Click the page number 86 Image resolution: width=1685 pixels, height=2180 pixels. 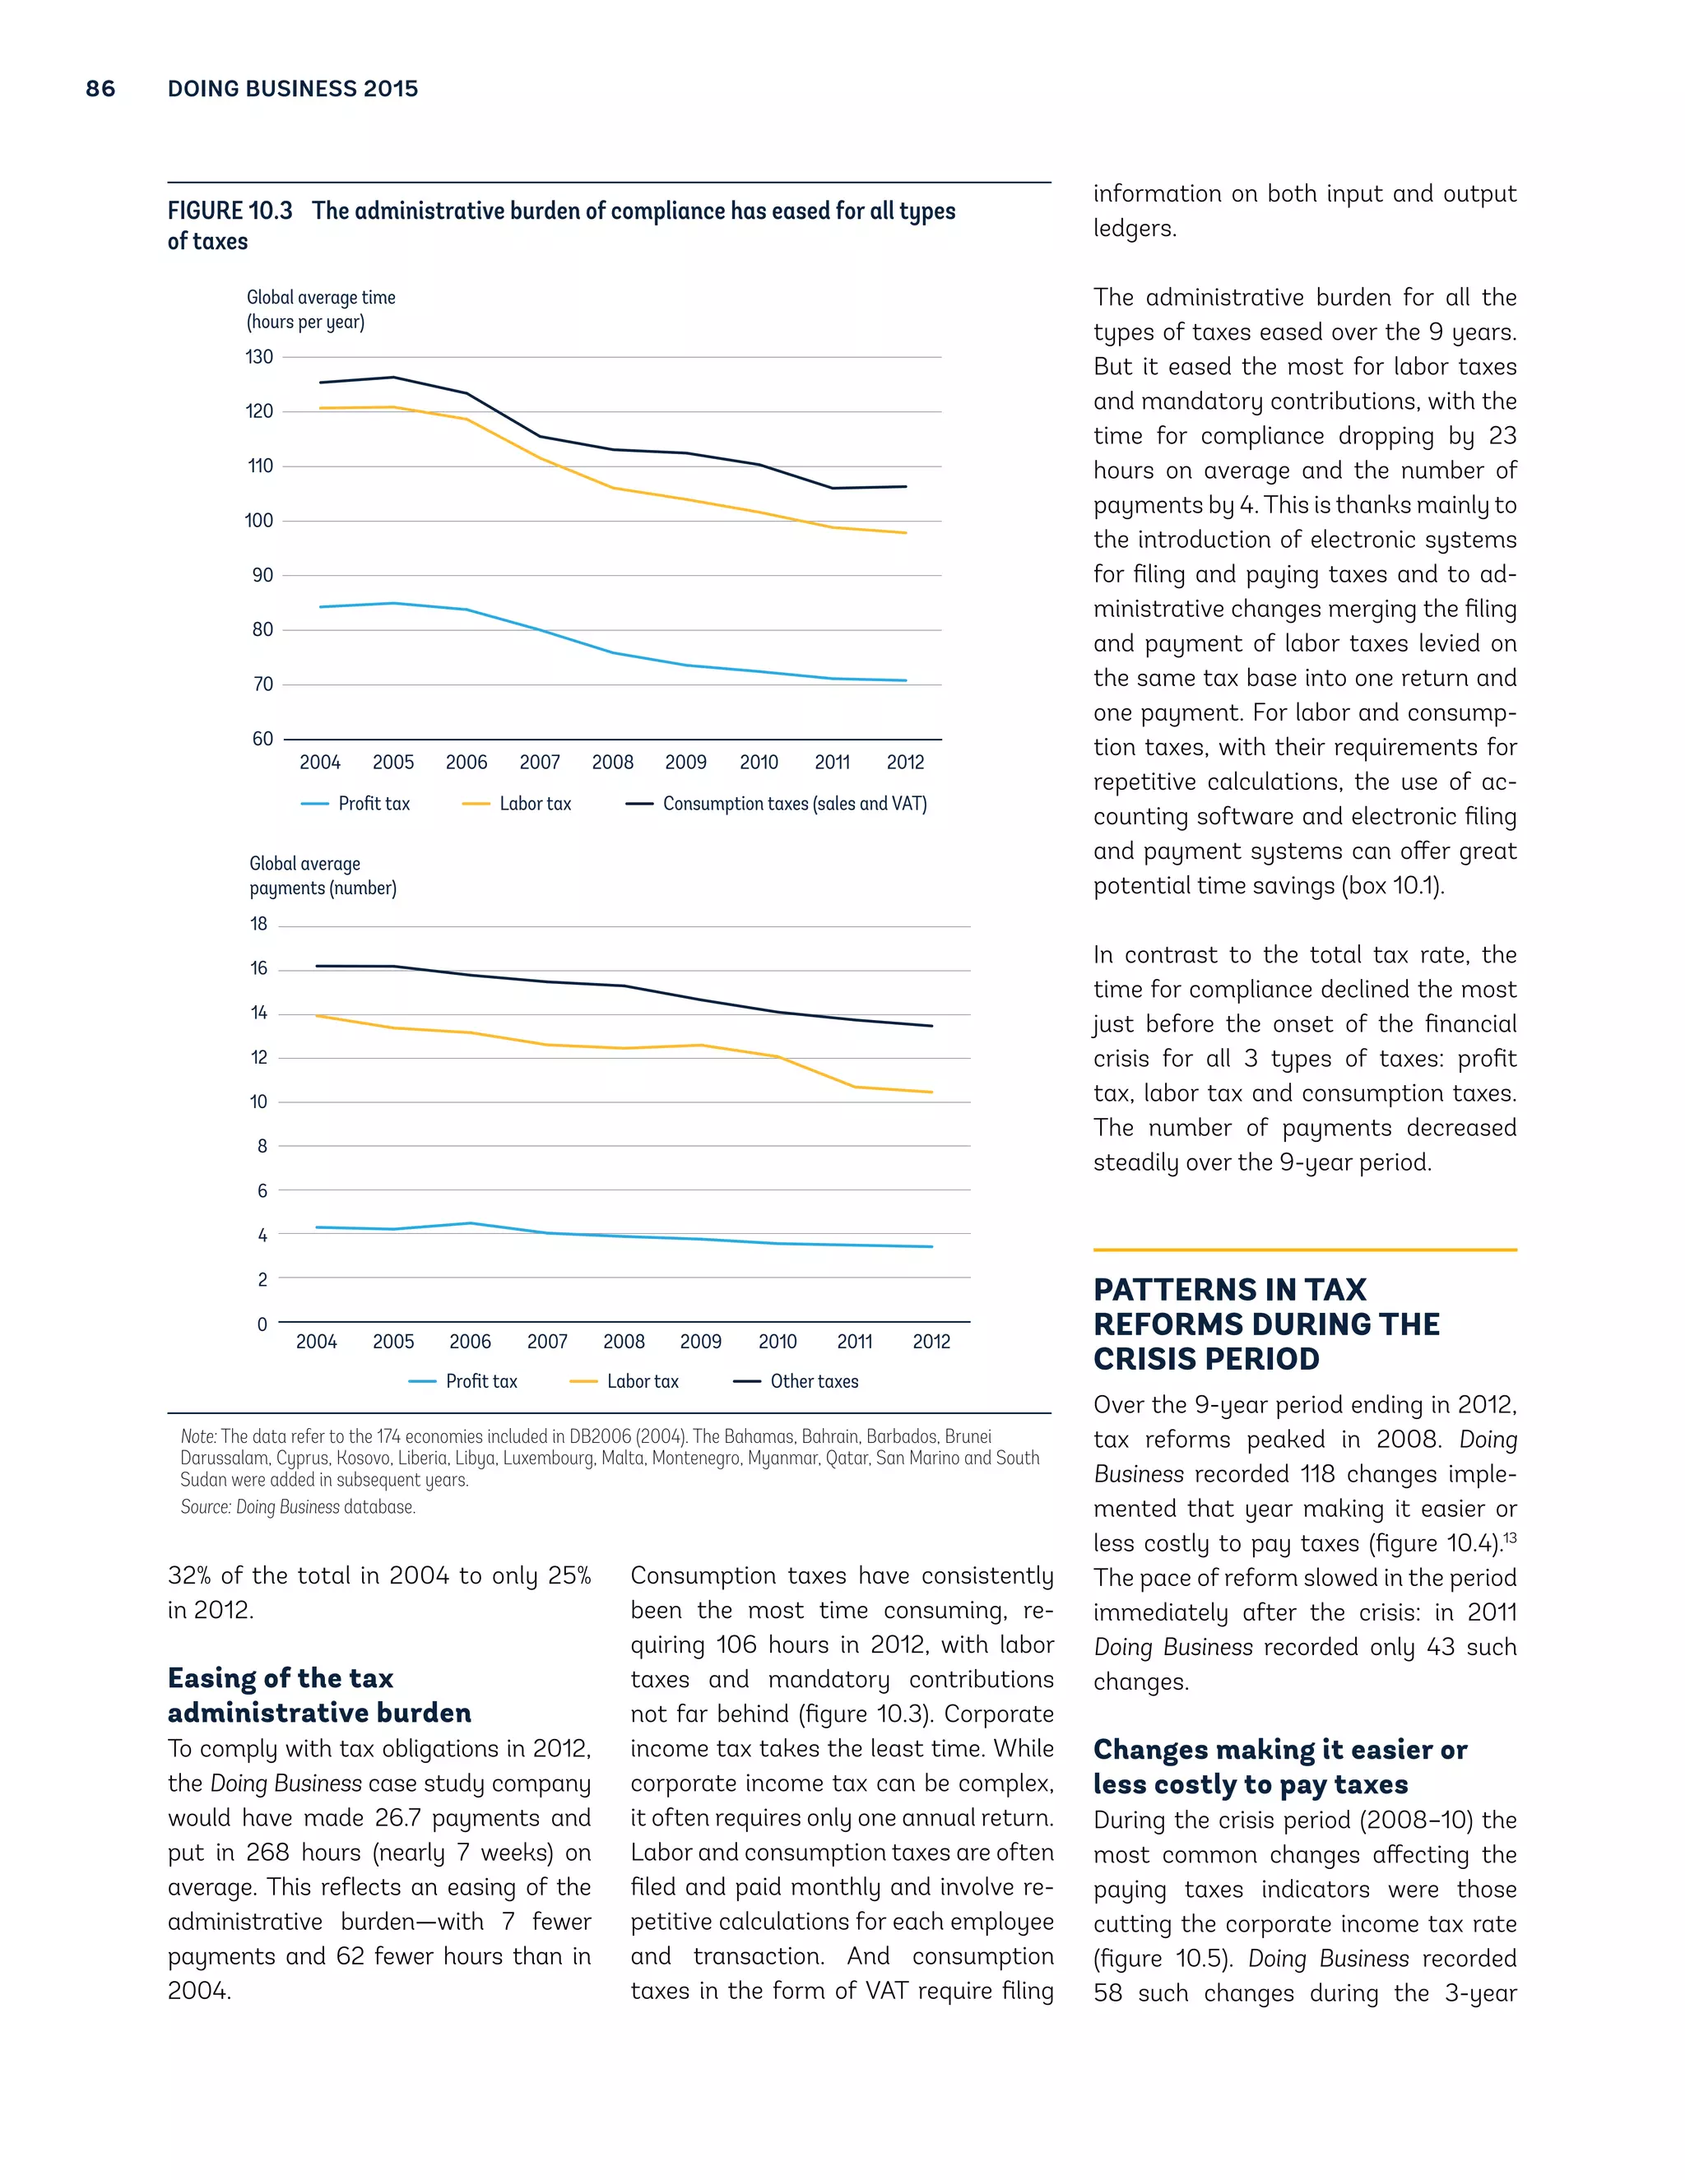100,89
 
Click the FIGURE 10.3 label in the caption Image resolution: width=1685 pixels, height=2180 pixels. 230,211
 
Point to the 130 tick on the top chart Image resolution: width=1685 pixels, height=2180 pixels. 258,357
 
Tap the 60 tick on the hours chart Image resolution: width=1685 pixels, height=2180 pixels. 262,739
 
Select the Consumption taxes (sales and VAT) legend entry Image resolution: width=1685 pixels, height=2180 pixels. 794,804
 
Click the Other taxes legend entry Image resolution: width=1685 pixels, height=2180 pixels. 813,1381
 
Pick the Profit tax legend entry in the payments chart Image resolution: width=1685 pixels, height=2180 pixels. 480,1381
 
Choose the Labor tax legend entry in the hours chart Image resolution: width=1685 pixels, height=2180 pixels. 534,804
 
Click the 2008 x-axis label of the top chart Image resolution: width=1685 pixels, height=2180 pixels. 612,763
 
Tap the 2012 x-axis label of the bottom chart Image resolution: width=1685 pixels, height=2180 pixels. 931,1342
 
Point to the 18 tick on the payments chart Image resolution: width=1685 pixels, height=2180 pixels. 258,925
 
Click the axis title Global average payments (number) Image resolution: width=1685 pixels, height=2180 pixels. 322,876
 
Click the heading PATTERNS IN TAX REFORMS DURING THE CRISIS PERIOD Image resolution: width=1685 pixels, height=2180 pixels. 1265,1324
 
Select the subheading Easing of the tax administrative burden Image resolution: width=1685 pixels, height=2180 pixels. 318,1695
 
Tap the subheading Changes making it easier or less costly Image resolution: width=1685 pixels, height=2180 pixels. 1279,1767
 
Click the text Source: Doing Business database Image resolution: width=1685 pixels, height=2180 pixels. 298,1507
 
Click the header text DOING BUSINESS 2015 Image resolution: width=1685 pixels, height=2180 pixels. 292,89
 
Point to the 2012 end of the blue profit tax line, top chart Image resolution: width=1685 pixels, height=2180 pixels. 905,681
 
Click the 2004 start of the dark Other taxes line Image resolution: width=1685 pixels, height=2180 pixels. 318,967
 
